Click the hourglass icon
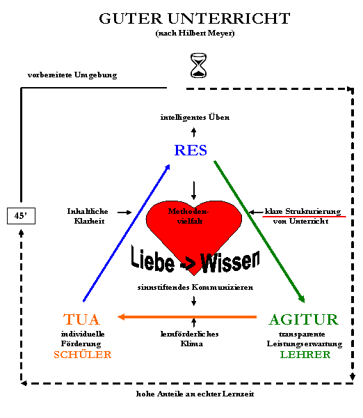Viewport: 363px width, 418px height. pyautogui.click(x=198, y=65)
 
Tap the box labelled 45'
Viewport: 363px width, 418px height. pyautogui.click(x=21, y=216)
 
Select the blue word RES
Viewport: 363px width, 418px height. pyautogui.click(x=191, y=150)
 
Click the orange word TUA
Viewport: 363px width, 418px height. pyautogui.click(x=81, y=319)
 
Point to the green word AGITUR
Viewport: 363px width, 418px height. pyautogui.click(x=303, y=319)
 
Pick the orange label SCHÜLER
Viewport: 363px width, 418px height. pyautogui.click(x=83, y=355)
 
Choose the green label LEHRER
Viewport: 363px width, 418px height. pyautogui.click(x=305, y=355)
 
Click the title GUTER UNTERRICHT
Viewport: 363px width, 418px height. pyautogui.click(x=195, y=19)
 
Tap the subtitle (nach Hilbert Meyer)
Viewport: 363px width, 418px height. pyautogui.click(x=195, y=33)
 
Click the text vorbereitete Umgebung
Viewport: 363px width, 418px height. pyautogui.click(x=72, y=75)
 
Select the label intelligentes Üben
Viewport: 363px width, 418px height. pyautogui.click(x=195, y=117)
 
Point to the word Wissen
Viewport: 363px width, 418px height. pyautogui.click(x=230, y=262)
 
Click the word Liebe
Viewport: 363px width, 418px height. pyautogui.click(x=153, y=258)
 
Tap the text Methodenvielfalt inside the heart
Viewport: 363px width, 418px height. pyautogui.click(x=188, y=216)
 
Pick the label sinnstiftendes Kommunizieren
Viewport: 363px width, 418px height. pyautogui.click(x=195, y=287)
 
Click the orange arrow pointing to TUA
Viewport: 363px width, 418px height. pyautogui.click(x=187, y=317)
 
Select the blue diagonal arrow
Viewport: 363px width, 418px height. pyautogui.click(x=127, y=233)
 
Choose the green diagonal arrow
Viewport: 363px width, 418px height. pyautogui.click(x=259, y=232)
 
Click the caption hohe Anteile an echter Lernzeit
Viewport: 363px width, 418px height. pyautogui.click(x=195, y=394)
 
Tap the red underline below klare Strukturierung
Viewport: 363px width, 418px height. pyautogui.click(x=304, y=217)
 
